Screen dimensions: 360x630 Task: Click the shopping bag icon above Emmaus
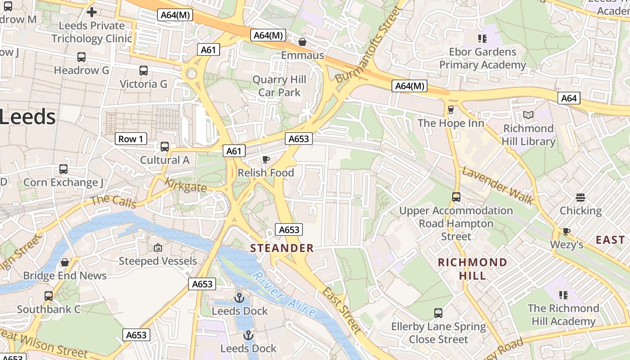click(x=302, y=42)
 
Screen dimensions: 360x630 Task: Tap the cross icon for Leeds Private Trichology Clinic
click(x=92, y=12)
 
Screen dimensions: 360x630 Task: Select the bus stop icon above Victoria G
click(x=143, y=71)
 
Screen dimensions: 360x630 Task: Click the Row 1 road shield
click(x=130, y=139)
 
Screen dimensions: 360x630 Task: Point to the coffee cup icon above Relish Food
click(x=265, y=159)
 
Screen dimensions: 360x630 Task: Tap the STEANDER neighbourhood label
click(x=282, y=248)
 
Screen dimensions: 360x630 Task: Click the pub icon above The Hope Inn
click(x=450, y=110)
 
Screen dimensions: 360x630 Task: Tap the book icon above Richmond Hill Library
click(x=528, y=115)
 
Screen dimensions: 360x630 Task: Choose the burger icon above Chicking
click(x=580, y=197)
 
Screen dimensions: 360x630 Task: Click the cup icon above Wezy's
click(x=566, y=231)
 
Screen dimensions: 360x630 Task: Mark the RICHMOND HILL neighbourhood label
click(x=472, y=269)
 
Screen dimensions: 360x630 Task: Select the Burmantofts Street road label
click(x=368, y=45)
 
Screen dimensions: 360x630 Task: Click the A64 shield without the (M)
click(x=569, y=98)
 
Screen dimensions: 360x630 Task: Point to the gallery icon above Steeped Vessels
click(x=157, y=247)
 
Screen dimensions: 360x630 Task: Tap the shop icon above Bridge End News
click(x=65, y=262)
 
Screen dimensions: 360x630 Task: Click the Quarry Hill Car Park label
click(x=279, y=86)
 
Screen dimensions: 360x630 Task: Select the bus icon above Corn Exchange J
click(x=63, y=169)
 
